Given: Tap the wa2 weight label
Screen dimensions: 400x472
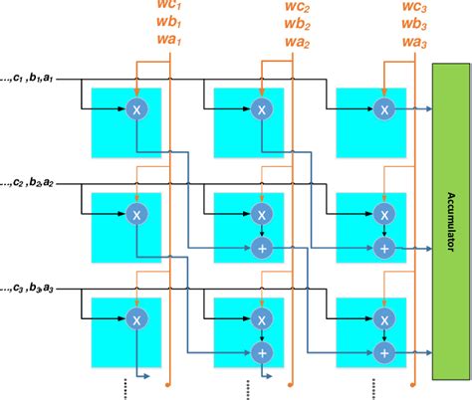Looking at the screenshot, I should pos(294,42).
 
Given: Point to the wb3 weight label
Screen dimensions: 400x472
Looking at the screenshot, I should pos(416,25).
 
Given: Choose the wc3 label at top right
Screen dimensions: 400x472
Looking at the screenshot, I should pos(416,9).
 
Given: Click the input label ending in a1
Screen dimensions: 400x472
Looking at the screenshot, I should pos(34,78).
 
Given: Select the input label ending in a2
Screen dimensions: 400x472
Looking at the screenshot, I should pos(34,182).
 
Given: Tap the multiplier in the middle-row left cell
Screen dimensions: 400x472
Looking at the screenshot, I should pos(135,214).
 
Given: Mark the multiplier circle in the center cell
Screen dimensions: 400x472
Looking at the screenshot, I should pos(260,214).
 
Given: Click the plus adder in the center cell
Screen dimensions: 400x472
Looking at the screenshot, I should pos(260,247).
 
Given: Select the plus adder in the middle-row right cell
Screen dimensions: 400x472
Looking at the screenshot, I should pos(383,247).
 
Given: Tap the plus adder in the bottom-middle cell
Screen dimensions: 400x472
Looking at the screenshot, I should pos(260,351).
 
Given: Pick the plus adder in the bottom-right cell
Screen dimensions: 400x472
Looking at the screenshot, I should pos(383,351).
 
